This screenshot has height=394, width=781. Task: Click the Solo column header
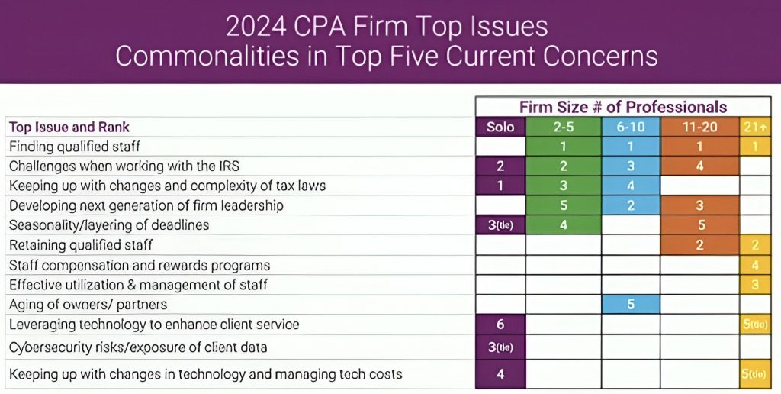[500, 127]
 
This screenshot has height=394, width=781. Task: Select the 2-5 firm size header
[564, 127]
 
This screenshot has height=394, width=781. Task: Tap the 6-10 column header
[631, 127]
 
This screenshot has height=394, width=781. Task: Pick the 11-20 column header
[699, 127]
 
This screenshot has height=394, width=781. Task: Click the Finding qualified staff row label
[75, 146]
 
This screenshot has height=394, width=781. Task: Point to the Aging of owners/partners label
[88, 305]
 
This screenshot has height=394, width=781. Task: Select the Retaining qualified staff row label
[81, 245]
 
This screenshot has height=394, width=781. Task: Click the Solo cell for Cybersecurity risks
[500, 347]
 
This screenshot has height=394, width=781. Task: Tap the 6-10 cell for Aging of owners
[631, 305]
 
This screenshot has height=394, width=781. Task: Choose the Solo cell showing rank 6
[500, 325]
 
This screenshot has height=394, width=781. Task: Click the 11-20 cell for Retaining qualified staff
[699, 245]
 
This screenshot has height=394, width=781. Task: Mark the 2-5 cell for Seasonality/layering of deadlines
[564, 225]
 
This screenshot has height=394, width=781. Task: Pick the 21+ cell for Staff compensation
[755, 265]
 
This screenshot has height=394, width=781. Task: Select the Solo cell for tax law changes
[500, 186]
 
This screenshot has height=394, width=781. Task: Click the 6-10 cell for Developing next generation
[631, 205]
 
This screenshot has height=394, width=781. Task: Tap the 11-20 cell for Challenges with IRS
[699, 166]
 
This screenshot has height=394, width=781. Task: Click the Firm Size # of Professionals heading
[622, 107]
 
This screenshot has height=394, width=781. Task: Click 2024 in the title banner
[255, 27]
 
